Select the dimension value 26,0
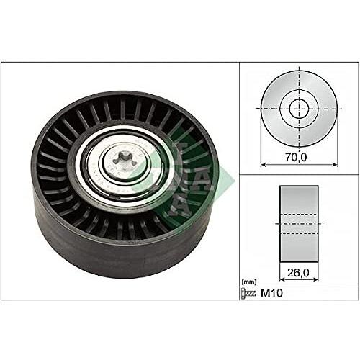click(x=298, y=273)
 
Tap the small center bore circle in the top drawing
click(x=300, y=109)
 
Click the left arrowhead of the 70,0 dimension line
click(x=262, y=163)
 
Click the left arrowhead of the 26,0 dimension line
click(x=280, y=282)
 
